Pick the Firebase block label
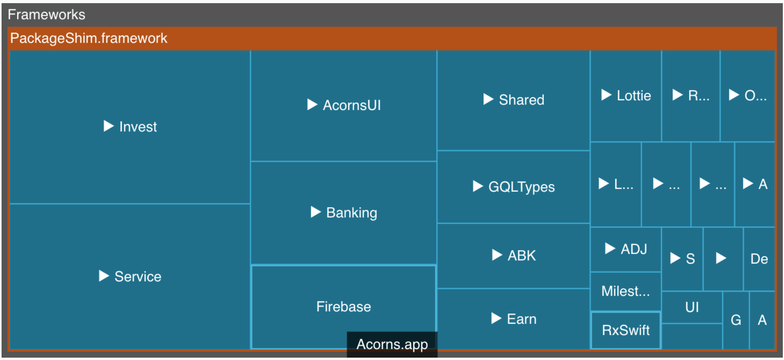pyautogui.click(x=344, y=306)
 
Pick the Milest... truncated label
pyautogui.click(x=625, y=291)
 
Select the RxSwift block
pyautogui.click(x=626, y=330)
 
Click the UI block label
pyautogui.click(x=692, y=307)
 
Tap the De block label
pyautogui.click(x=759, y=259)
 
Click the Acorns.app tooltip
pyautogui.click(x=392, y=344)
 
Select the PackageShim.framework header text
pyautogui.click(x=89, y=38)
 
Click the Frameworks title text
pyautogui.click(x=46, y=15)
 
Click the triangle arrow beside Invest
pyautogui.click(x=108, y=126)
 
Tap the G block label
pyautogui.click(x=736, y=320)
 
